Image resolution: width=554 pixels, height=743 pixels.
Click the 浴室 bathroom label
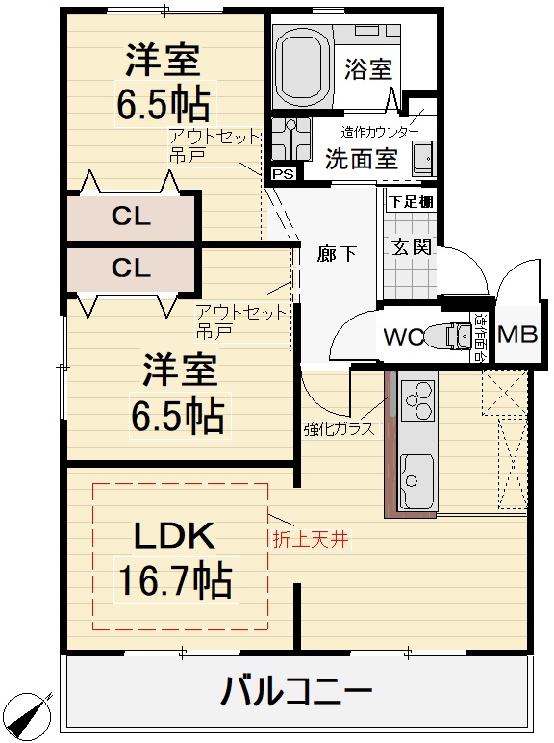point(367,69)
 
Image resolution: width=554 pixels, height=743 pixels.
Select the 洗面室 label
point(361,159)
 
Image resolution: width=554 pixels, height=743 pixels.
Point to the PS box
point(283,174)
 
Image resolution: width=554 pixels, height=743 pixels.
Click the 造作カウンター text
point(379,131)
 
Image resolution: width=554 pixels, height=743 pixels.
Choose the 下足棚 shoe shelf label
point(411,202)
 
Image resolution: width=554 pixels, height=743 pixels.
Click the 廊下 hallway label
point(337,254)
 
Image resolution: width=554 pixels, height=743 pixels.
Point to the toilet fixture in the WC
point(447,337)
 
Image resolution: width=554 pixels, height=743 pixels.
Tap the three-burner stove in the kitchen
point(418,402)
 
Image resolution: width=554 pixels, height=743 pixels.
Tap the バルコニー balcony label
point(296,691)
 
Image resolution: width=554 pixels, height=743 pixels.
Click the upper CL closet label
point(131,218)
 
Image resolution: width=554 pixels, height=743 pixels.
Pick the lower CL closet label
point(131,269)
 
